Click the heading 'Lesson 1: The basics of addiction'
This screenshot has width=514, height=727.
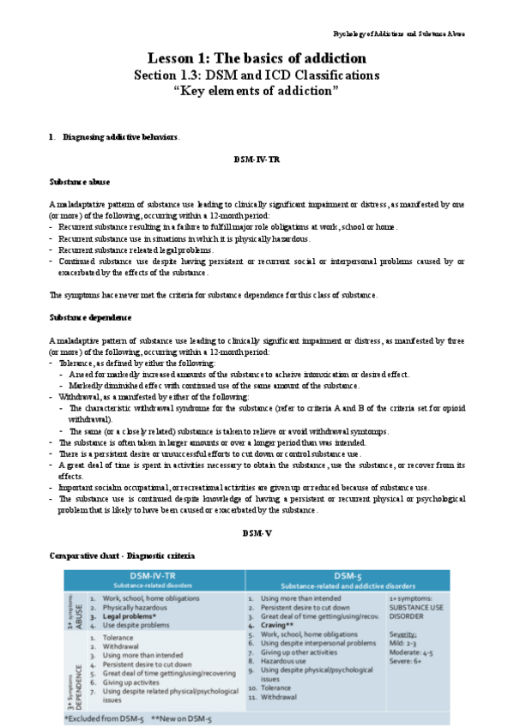pos(257,58)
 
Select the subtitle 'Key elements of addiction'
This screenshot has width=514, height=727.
pos(257,91)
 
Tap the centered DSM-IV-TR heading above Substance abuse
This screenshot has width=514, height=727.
pos(257,159)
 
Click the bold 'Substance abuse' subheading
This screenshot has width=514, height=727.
pos(79,182)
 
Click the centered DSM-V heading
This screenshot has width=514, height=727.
pos(257,533)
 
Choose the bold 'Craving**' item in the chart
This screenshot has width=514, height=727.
pos(280,625)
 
